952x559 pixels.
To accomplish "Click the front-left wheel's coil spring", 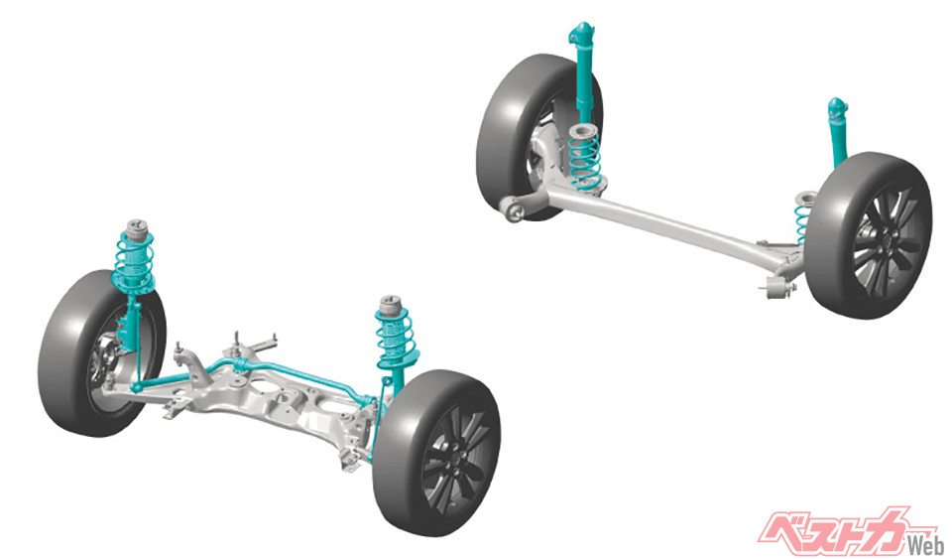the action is pyautogui.click(x=134, y=261).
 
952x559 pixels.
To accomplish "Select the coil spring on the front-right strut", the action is pyautogui.click(x=396, y=338).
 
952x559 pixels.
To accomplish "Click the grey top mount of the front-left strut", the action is pyautogui.click(x=137, y=227).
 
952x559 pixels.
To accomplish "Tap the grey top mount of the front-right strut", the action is pyautogui.click(x=391, y=305).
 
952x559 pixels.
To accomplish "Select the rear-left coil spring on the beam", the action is pyautogui.click(x=584, y=159).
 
